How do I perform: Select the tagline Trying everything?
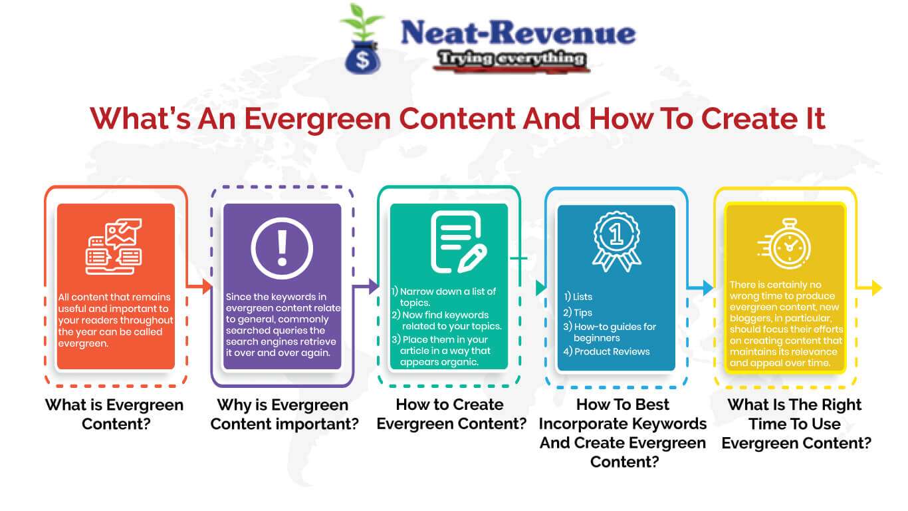(511, 59)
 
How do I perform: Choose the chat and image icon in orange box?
(114, 246)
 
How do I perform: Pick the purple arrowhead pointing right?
(374, 287)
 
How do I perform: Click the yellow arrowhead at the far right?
(876, 287)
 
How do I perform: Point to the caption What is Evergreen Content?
(114, 414)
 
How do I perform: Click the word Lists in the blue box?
(582, 297)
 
